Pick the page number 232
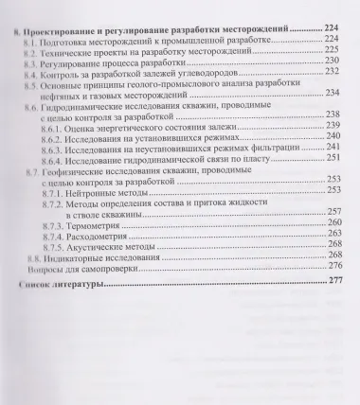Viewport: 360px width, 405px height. click(331, 72)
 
